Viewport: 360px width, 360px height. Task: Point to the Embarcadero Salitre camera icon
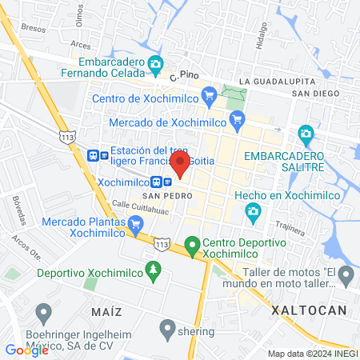pyautogui.click(x=305, y=133)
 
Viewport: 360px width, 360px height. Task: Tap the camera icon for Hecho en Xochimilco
pyautogui.click(x=254, y=212)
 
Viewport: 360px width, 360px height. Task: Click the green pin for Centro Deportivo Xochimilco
pyautogui.click(x=192, y=243)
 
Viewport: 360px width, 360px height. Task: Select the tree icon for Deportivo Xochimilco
pyautogui.click(x=153, y=273)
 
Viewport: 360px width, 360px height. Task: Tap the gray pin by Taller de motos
pyautogui.click(x=346, y=277)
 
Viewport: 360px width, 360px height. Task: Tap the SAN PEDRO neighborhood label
pyautogui.click(x=159, y=195)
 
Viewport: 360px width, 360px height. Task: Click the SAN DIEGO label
pyautogui.click(x=310, y=93)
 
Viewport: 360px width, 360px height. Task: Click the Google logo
pyautogui.click(x=26, y=350)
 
